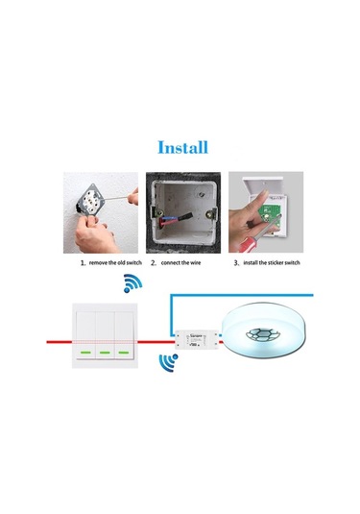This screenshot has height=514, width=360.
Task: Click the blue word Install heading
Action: tap(180, 148)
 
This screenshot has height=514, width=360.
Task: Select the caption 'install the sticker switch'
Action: tap(272, 261)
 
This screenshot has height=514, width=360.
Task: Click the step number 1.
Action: tap(83, 261)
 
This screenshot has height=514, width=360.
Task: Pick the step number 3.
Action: tap(236, 261)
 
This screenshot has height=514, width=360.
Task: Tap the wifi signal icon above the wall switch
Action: tap(132, 284)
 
